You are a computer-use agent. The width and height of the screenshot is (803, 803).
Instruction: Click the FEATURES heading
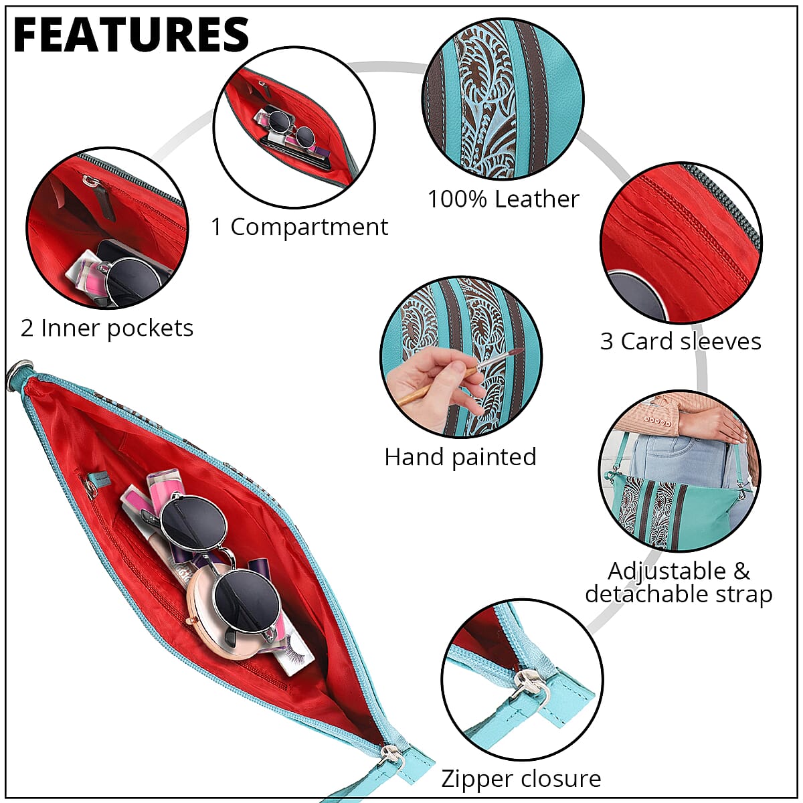pyautogui.click(x=131, y=35)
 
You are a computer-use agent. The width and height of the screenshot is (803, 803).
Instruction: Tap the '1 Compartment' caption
pyautogui.click(x=299, y=228)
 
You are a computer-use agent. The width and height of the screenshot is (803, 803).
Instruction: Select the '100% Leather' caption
pyautogui.click(x=503, y=199)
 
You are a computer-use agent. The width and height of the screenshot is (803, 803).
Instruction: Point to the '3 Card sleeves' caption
pyautogui.click(x=681, y=341)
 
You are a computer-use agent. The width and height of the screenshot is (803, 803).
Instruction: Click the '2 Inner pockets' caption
pyautogui.click(x=107, y=328)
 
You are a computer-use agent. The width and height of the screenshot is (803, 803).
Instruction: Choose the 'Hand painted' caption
pyautogui.click(x=460, y=457)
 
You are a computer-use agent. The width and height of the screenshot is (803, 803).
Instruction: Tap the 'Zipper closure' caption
pyautogui.click(x=521, y=779)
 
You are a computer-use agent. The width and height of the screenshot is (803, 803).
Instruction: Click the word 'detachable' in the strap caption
pyautogui.click(x=644, y=594)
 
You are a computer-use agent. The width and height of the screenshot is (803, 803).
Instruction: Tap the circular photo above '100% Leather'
pyautogui.click(x=503, y=99)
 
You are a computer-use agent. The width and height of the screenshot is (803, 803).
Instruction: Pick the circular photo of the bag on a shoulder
pyautogui.click(x=679, y=471)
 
